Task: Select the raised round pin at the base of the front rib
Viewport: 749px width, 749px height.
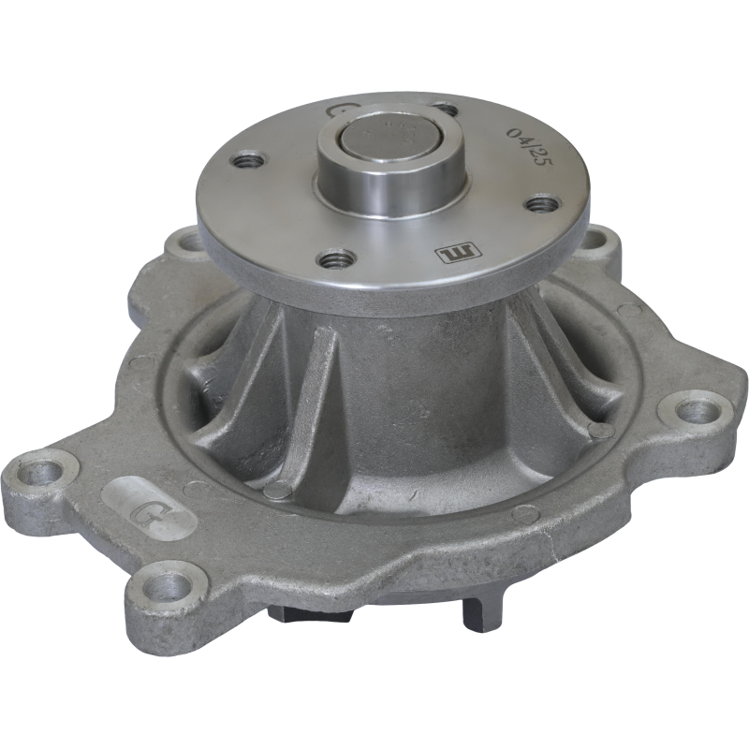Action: pyautogui.click(x=274, y=489)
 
